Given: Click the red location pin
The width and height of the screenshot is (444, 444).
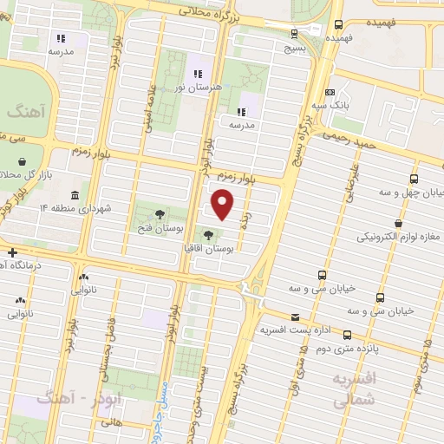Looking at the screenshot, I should point(224,204).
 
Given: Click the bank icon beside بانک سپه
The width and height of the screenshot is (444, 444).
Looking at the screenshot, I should point(329,92).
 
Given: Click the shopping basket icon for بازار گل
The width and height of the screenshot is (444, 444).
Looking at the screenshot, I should point(23,160).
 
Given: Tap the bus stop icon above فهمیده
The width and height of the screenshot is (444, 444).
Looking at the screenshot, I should point(338,25).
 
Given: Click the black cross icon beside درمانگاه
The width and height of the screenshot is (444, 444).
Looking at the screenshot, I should point(12,252).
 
